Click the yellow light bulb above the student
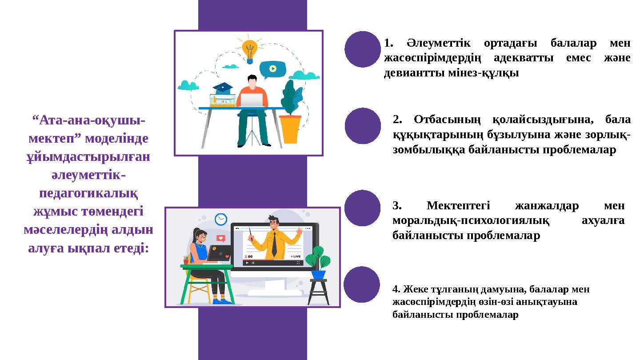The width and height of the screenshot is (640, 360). click(x=250, y=49)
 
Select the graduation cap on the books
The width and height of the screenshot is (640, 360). click(x=223, y=88)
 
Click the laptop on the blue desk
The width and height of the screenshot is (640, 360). click(x=252, y=100)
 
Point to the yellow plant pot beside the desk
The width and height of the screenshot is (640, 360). click(x=290, y=128)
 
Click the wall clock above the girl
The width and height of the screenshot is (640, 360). click(x=221, y=219)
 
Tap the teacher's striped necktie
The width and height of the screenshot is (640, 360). click(x=274, y=244)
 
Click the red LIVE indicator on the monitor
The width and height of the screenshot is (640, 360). click(x=296, y=256)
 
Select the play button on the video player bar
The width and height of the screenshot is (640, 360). click(x=247, y=263)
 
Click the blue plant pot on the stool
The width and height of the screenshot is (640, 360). click(x=318, y=274)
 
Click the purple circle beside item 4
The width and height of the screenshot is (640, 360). click(x=362, y=285)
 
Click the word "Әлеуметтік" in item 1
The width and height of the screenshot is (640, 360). click(x=433, y=43)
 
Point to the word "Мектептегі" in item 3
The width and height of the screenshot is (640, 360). click(x=458, y=206)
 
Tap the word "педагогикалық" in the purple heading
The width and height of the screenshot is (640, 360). click(x=88, y=193)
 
